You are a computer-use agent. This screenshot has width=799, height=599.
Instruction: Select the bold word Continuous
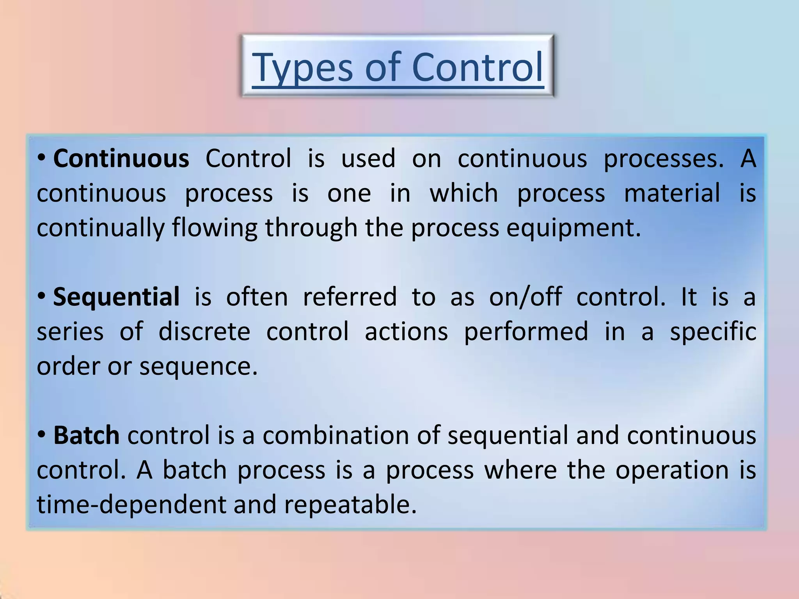pos(121,159)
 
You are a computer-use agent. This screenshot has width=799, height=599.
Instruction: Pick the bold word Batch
pos(86,436)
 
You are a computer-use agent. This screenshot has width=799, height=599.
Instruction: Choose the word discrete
pos(204,332)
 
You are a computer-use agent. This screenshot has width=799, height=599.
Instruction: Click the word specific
pos(713,332)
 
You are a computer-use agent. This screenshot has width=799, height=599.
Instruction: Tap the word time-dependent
pos(131,505)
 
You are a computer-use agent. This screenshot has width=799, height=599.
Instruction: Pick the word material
pos(672,193)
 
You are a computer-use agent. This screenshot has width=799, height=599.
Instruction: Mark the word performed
pos(526,332)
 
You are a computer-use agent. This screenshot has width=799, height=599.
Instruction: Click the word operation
pos(672,470)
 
